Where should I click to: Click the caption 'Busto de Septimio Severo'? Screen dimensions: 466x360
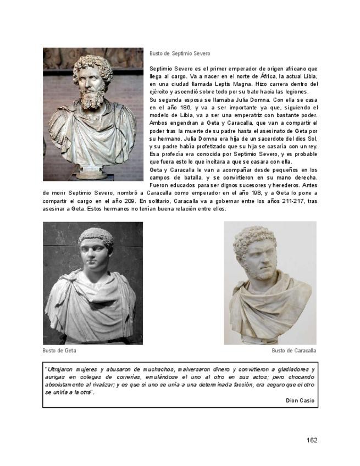click(179, 53)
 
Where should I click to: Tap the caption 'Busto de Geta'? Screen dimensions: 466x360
click(59, 350)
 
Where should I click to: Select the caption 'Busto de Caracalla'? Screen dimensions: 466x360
click(293, 350)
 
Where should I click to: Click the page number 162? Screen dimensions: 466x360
click(312, 440)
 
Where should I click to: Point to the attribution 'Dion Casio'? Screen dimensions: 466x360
click(300, 401)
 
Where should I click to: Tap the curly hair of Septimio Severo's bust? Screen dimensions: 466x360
click(92, 64)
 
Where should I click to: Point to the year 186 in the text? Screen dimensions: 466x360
click(190, 108)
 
